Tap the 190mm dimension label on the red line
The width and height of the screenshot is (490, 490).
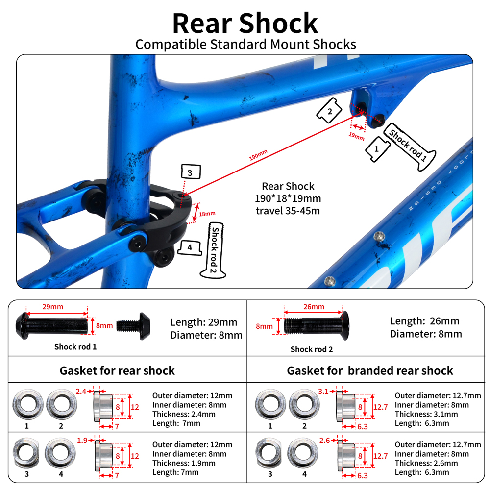tap(258, 156)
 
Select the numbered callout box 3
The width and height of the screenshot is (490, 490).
tap(190, 172)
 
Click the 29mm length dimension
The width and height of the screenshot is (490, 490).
tap(53, 307)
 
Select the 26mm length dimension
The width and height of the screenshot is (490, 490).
tap(314, 307)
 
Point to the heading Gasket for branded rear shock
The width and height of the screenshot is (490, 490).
tap(370, 370)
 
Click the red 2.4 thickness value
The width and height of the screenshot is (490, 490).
tap(81, 391)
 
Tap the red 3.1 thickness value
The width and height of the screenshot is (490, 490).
tap(323, 391)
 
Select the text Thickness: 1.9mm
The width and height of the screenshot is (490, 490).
tap(184, 463)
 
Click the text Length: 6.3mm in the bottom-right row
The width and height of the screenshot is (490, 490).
tap(421, 472)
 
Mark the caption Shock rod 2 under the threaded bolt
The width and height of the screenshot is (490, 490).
tap(312, 349)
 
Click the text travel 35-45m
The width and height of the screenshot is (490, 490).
tap(288, 211)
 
